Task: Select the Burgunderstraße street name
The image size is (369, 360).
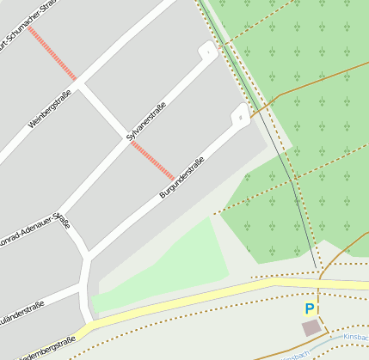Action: (181, 179)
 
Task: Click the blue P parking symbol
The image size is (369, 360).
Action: (310, 308)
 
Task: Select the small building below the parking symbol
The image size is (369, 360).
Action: (311, 328)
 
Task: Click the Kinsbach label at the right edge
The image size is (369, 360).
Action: (356, 338)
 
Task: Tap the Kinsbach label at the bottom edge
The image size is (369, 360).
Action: (293, 355)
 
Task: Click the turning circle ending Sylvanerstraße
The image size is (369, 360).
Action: (207, 52)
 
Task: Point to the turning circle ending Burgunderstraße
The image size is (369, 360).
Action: (241, 113)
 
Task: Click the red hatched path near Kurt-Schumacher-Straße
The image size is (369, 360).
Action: (52, 52)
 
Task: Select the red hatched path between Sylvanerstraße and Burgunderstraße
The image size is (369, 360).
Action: (152, 161)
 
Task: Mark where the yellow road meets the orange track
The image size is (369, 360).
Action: (319, 278)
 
